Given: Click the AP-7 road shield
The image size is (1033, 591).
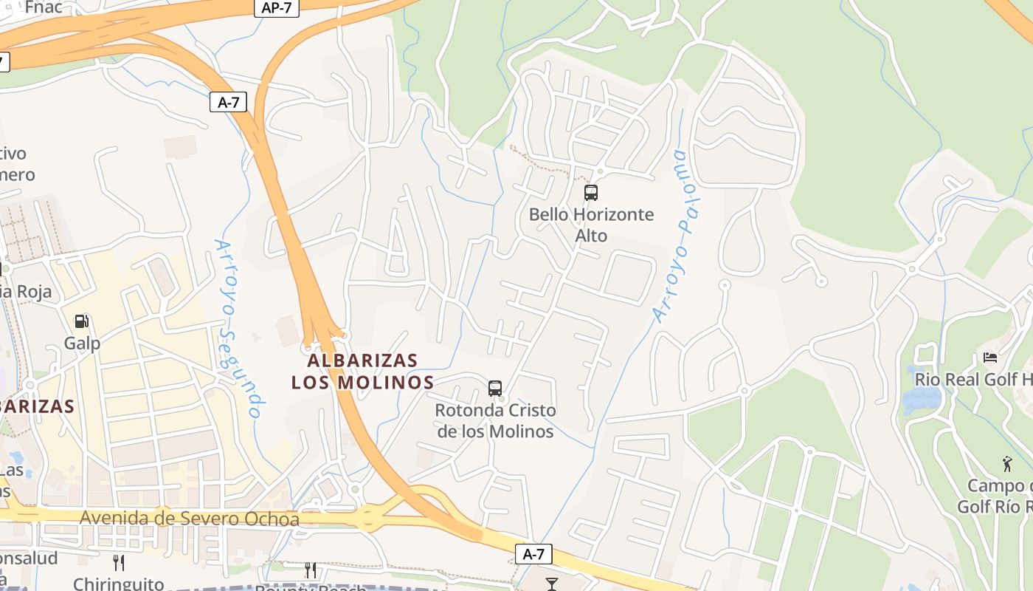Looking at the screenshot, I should (277, 8).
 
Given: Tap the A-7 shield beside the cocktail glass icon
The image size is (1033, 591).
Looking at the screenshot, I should (533, 554).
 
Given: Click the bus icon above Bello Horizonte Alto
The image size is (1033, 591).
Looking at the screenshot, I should (591, 193).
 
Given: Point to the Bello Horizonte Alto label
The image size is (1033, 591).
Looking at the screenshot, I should (591, 225).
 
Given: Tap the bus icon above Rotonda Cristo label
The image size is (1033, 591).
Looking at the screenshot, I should (495, 388).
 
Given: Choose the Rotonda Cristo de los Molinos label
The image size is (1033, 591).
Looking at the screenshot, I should (495, 420).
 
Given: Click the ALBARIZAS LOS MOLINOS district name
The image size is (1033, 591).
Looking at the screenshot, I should (362, 372).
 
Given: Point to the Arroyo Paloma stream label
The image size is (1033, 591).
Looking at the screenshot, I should (675, 235).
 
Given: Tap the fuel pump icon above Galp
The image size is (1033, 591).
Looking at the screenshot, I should (82, 321).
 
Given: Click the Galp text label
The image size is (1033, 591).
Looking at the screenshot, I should (82, 344).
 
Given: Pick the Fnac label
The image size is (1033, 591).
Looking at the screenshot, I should (43, 7).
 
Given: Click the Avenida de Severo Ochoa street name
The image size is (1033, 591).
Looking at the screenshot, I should (190, 519).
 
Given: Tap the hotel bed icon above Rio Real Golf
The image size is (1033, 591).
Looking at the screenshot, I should (990, 358).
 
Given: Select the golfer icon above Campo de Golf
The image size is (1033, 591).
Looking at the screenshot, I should (1007, 464).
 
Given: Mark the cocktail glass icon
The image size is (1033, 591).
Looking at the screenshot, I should (551, 584).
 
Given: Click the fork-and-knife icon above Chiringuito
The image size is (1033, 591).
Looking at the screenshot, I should (118, 563).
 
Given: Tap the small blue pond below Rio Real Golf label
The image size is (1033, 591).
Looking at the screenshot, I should (921, 400).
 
